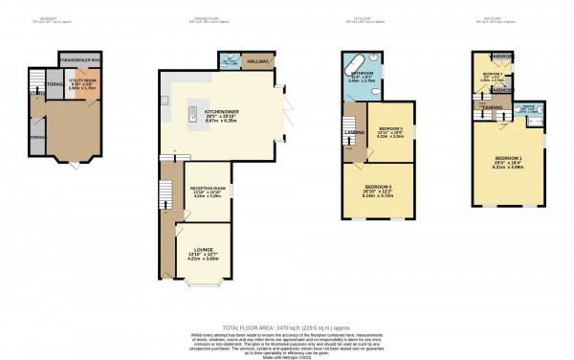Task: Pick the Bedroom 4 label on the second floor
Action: [491, 73]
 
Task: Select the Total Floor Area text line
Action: [286, 325]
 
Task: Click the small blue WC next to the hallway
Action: [228, 61]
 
